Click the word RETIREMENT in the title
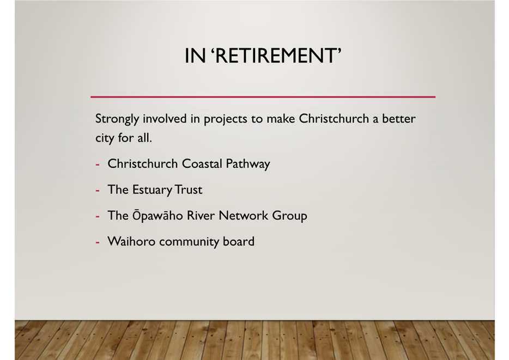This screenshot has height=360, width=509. [276, 56]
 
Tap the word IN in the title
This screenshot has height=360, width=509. [195, 56]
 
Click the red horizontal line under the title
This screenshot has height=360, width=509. [263, 96]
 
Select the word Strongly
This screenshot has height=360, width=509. [117, 119]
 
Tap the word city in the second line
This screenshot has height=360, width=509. [105, 138]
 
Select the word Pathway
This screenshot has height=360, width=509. [247, 164]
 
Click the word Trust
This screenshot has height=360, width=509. [188, 190]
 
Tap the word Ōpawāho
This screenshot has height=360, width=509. [157, 216]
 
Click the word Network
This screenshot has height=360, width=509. [244, 215]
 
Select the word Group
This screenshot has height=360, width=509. [289, 216]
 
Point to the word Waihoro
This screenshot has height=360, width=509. [131, 241]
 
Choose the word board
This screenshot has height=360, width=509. [239, 241]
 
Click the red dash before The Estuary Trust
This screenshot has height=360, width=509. [98, 191]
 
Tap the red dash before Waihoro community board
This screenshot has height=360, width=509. [98, 242]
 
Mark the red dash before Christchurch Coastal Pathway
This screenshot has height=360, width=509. [98, 164]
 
